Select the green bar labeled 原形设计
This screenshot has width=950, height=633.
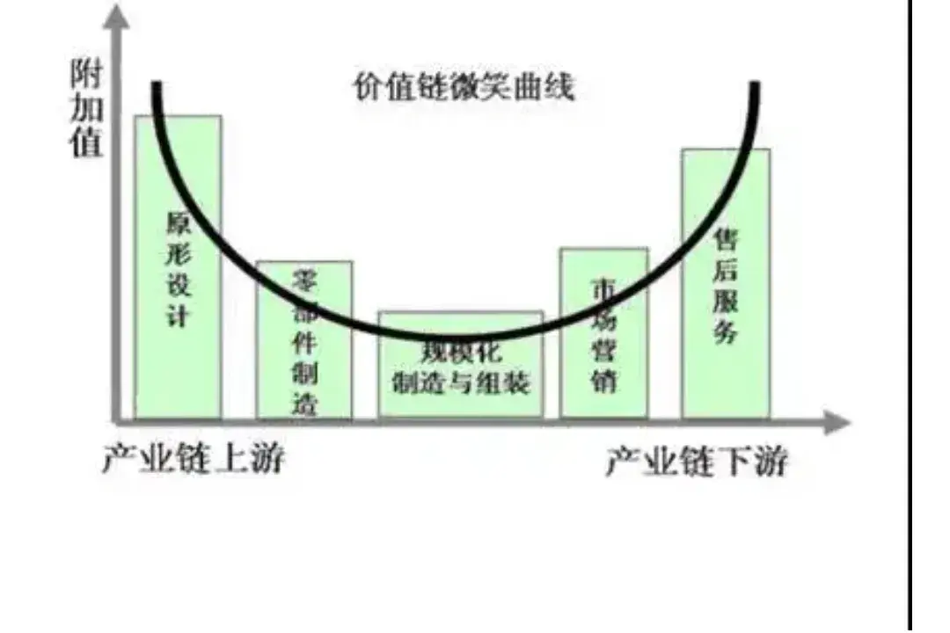point(178,369)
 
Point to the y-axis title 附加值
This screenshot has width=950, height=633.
point(86,111)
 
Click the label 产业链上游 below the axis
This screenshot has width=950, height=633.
point(194,457)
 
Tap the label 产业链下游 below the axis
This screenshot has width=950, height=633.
point(696,461)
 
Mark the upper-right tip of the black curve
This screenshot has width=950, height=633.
point(755,85)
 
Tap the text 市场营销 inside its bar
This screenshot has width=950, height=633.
point(604,335)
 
